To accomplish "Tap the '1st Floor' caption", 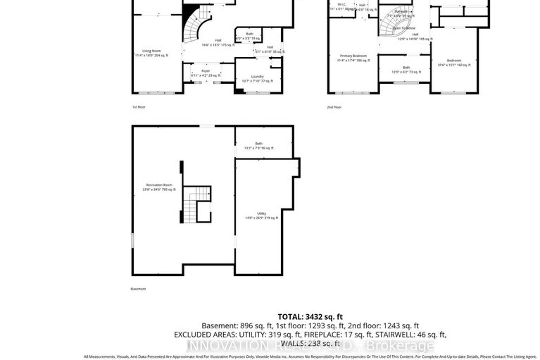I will coord(139,107).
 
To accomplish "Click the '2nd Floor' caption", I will coord(334,107).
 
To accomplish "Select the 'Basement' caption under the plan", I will coord(139,289).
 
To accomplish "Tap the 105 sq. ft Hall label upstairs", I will coord(415,37).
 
